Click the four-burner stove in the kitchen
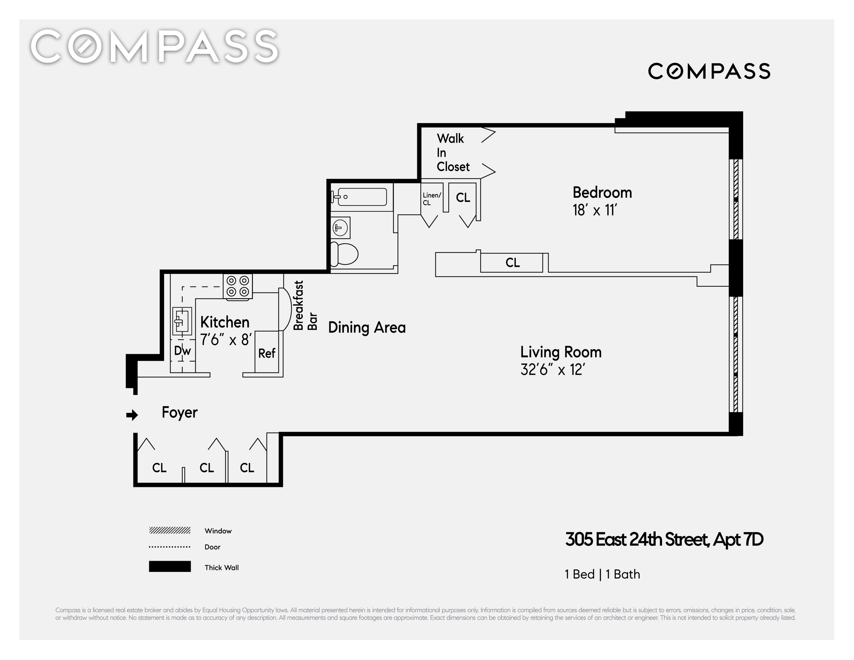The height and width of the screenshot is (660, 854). coord(238,286)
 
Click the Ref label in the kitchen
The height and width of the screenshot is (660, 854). coord(267,353)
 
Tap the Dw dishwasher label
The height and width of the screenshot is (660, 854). coord(182,351)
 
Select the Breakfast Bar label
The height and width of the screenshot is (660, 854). coord(305,305)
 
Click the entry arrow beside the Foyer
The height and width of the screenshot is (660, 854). coord(132,415)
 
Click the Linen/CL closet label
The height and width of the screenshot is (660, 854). coord(432,199)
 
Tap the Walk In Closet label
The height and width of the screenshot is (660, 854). coord(453,152)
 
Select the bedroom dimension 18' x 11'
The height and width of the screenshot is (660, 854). coord(595,210)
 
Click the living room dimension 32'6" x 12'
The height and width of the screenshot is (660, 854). coord(552,370)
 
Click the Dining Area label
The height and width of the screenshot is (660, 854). coord(367,327)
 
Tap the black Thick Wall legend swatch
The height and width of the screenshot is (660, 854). coord(170,566)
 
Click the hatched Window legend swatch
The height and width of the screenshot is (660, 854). coord(170,530)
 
